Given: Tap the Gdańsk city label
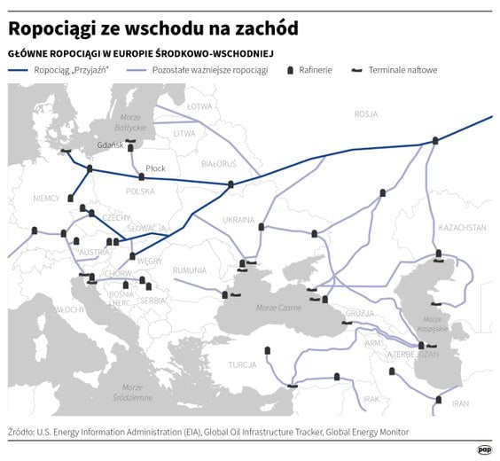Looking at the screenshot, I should [x=109, y=145].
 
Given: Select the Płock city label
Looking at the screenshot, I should [x=155, y=168].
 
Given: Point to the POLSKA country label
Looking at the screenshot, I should [x=140, y=191].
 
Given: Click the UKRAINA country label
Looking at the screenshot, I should [x=238, y=219].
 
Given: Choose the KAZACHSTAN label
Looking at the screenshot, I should [x=462, y=228].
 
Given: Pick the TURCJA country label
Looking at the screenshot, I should [x=241, y=364].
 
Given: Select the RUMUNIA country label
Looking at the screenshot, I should [x=190, y=270].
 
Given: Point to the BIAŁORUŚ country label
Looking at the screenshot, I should [x=219, y=164].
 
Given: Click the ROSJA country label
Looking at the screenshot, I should [x=365, y=114].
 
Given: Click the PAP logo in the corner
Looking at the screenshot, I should [x=484, y=449].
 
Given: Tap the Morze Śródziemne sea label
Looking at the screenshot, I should [x=132, y=393].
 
